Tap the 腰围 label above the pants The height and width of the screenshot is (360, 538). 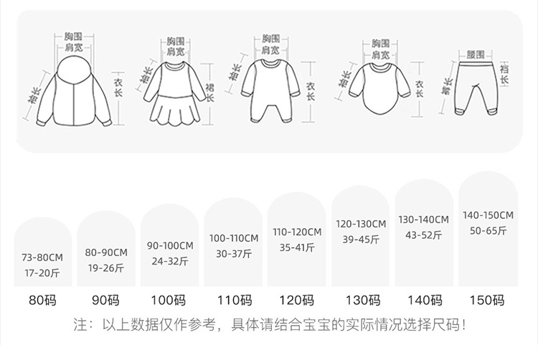point(475,55)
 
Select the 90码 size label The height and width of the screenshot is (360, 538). point(106,300)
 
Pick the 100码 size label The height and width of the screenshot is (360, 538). point(169,300)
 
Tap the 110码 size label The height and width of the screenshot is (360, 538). point(233,300)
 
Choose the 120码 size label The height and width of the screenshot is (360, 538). point(296,300)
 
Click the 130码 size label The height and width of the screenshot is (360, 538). point(360,300)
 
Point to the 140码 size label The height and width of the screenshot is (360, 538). point(423,300)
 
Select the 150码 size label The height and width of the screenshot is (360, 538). point(488,300)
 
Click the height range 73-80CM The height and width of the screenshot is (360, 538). point(43,257)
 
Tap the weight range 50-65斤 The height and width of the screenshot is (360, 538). point(488,230)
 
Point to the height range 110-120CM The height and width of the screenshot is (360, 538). point(296,232)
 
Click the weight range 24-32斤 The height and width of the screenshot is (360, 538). point(169,260)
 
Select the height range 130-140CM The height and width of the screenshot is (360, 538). point(423,219)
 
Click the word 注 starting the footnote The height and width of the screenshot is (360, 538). point(81,325)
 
